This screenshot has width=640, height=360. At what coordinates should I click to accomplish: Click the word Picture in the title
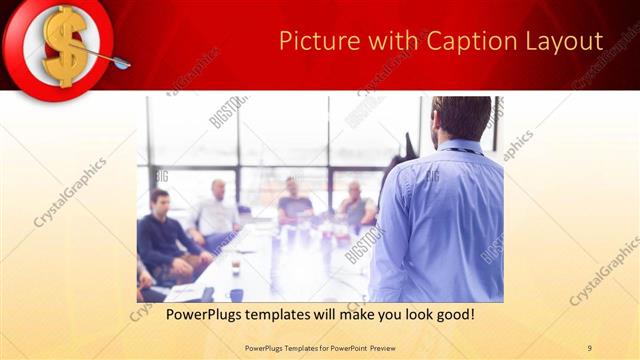coord(312,41)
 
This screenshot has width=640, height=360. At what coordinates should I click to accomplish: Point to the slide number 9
coord(589,347)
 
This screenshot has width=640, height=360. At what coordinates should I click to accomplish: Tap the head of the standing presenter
coord(462,118)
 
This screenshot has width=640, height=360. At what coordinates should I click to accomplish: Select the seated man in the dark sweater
coord(162,235)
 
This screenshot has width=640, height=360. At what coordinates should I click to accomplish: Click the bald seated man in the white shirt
coord(216,210)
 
